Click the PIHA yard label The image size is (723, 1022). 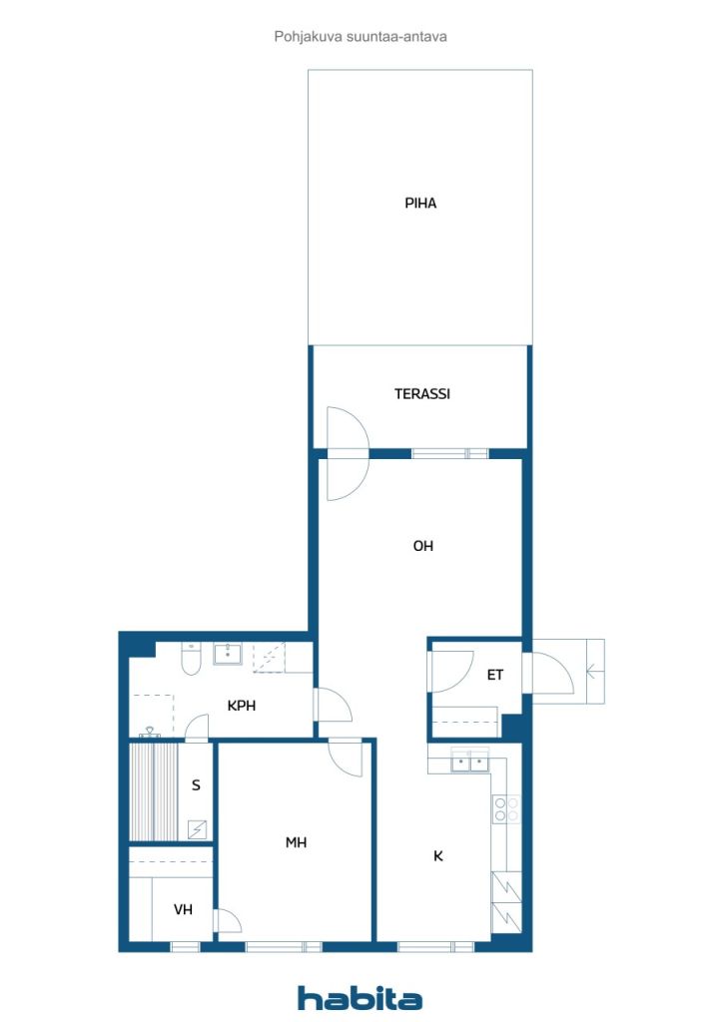pyautogui.click(x=420, y=204)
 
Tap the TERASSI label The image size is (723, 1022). pyautogui.click(x=421, y=393)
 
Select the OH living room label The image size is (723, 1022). pyautogui.click(x=423, y=546)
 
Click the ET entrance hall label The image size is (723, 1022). pyautogui.click(x=495, y=675)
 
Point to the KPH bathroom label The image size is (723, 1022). pyautogui.click(x=242, y=706)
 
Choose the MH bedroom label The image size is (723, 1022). pyautogui.click(x=296, y=842)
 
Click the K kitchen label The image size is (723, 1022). pyautogui.click(x=438, y=856)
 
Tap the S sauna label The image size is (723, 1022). pyautogui.click(x=196, y=785)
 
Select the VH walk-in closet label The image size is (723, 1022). pyautogui.click(x=183, y=909)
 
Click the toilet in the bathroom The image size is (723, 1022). pyautogui.click(x=191, y=659)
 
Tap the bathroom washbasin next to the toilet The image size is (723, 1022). pyautogui.click(x=228, y=654)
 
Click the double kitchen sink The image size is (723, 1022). pyautogui.click(x=470, y=761)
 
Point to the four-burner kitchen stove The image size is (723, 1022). pyautogui.click(x=506, y=808)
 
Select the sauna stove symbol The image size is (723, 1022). pyautogui.click(x=197, y=829)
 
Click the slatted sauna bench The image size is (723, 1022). pyautogui.click(x=153, y=791)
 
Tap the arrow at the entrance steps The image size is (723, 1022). pyautogui.click(x=594, y=671)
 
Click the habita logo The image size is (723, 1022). pyautogui.click(x=360, y=998)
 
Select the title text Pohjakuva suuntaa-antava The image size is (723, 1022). pyautogui.click(x=361, y=37)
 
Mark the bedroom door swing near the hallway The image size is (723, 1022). pyautogui.click(x=345, y=759)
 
